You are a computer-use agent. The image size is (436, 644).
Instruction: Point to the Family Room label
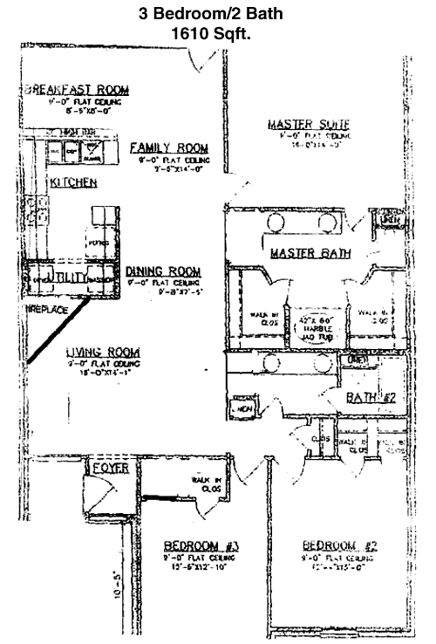point(169,147)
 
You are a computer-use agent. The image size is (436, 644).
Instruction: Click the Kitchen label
point(72,182)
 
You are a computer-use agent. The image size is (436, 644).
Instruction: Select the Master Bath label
point(310,254)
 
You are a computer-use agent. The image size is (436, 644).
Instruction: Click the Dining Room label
point(163,271)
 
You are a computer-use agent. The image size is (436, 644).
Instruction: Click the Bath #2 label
point(371,399)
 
